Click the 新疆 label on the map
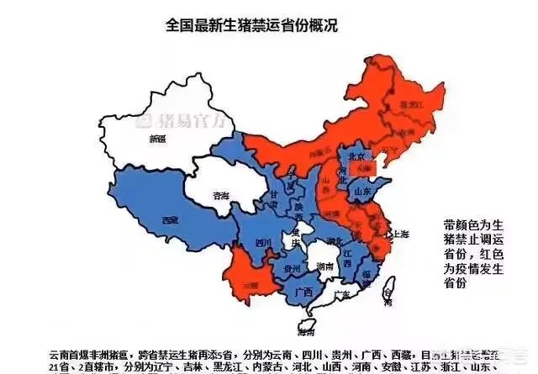[x=156, y=140]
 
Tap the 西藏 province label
[x=171, y=220]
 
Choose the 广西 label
[x=305, y=292]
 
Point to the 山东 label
[x=363, y=192]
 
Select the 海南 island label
[x=309, y=323]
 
